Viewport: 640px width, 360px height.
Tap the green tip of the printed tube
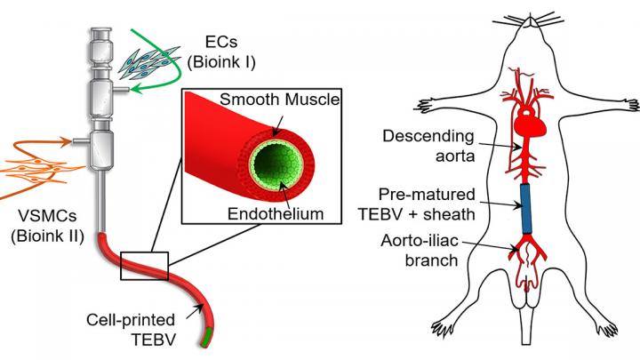click(210, 335)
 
